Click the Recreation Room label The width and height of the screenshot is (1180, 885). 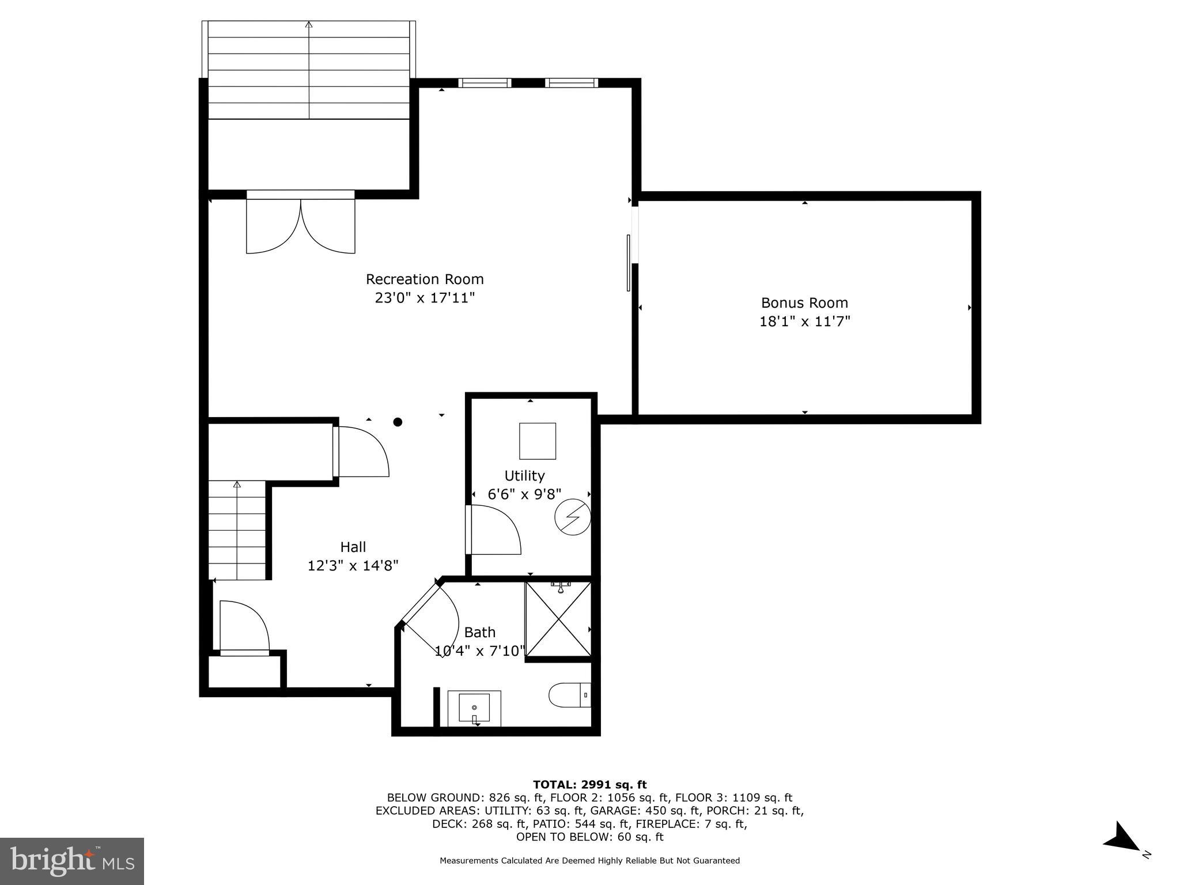point(425,279)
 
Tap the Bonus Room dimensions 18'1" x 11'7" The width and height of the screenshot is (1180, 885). point(804,322)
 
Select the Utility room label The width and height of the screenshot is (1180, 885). point(524,475)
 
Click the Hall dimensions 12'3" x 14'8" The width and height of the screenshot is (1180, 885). point(353,566)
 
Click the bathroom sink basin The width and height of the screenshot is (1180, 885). point(474,708)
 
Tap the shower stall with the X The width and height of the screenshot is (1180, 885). point(558,619)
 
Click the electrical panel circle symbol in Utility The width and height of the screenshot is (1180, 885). point(572,517)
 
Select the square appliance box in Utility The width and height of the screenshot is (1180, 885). point(538,441)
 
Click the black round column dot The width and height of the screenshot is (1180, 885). point(398,422)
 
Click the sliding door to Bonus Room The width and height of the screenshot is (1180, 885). point(629,263)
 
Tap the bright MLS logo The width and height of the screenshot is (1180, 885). point(71,861)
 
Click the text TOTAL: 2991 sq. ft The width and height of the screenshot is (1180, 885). point(589,784)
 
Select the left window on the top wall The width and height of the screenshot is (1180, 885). point(485,83)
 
